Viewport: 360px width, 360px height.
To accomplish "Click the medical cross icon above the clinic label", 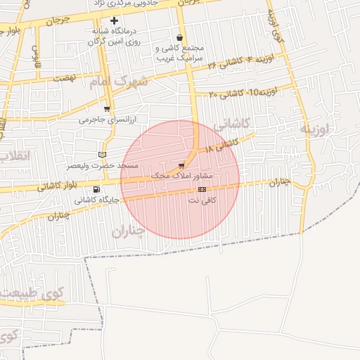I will pyautogui.click(x=115, y=21).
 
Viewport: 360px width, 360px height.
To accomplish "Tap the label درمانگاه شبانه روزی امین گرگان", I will pyautogui.click(x=115, y=37).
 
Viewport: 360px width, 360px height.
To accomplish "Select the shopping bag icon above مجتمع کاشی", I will pyautogui.click(x=181, y=38).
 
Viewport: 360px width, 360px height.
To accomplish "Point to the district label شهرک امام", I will pyautogui.click(x=120, y=82).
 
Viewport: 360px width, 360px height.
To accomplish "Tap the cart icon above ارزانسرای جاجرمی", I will pyautogui.click(x=107, y=109).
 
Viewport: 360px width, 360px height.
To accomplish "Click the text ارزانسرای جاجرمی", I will pyautogui.click(x=105, y=120).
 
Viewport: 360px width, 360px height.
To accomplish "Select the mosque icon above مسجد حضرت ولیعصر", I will pyautogui.click(x=103, y=155).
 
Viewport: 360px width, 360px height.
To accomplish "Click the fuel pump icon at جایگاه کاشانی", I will pyautogui.click(x=96, y=189).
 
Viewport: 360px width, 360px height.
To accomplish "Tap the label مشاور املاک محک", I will pyautogui.click(x=182, y=175).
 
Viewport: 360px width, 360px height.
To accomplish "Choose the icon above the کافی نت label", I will pyautogui.click(x=202, y=189).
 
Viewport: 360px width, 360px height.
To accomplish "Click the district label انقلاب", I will pyautogui.click(x=13, y=156).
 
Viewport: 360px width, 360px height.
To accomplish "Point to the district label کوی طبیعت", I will pyautogui.click(x=32, y=292).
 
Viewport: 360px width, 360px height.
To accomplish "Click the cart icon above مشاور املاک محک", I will pyautogui.click(x=182, y=165).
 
